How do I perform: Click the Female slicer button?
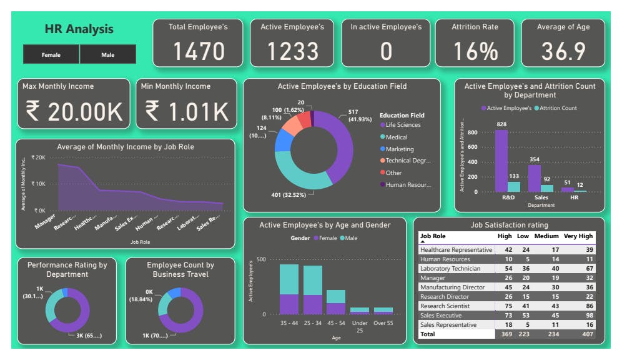point(51,55)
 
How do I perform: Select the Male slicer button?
point(107,55)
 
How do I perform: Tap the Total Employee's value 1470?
point(198,51)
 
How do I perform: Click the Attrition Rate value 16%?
point(475,51)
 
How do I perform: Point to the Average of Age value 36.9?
point(563,51)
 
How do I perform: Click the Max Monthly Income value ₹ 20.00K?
point(74,112)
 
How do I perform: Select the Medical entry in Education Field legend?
point(396,137)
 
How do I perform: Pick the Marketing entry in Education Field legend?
point(399,149)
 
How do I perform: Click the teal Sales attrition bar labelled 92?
point(547,188)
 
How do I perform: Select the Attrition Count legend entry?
point(558,108)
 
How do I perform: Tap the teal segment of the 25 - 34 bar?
point(313,280)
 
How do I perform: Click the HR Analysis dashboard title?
point(79,29)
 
